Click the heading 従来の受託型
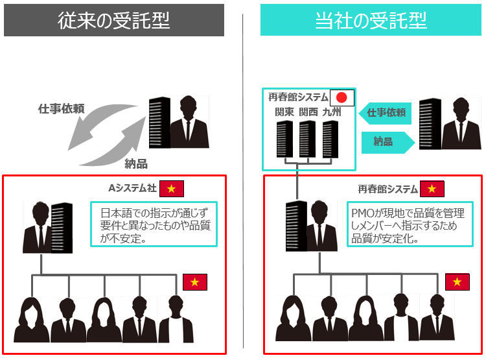pyautogui.click(x=114, y=20)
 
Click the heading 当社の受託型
pyautogui.click(x=371, y=20)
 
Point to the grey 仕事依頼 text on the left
pyautogui.click(x=61, y=109)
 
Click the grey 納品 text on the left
pyautogui.click(x=135, y=163)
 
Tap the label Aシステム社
pyautogui.click(x=132, y=189)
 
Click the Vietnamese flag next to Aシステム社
pyautogui.click(x=172, y=189)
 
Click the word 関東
pyautogui.click(x=284, y=112)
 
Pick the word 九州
pyautogui.click(x=332, y=112)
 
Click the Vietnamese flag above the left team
pyautogui.click(x=194, y=282)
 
